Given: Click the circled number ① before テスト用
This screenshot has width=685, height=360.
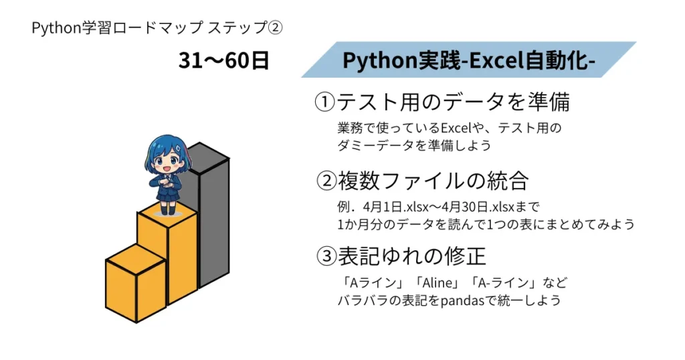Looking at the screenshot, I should click(x=324, y=102).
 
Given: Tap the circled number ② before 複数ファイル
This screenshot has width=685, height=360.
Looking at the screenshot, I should click(x=326, y=181).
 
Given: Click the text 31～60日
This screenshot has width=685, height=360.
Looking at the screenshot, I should click(x=224, y=61).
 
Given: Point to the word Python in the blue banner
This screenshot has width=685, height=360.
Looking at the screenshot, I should click(x=373, y=60).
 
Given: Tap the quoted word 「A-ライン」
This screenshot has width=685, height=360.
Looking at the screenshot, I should click(x=498, y=282).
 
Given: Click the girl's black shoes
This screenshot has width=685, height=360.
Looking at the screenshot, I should click(x=167, y=210).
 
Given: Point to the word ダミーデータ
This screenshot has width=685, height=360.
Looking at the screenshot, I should click(x=371, y=145).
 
